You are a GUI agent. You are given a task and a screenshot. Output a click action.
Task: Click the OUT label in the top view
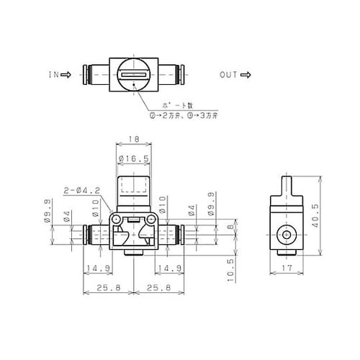click(x=228, y=74)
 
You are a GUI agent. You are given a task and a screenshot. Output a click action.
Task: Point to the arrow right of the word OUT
click(x=246, y=74)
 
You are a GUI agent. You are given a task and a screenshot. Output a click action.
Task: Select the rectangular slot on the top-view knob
click(x=132, y=74)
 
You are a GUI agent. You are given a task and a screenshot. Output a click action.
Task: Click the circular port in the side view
click(x=287, y=234)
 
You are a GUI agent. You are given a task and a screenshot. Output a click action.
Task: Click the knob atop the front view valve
click(x=132, y=191)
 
